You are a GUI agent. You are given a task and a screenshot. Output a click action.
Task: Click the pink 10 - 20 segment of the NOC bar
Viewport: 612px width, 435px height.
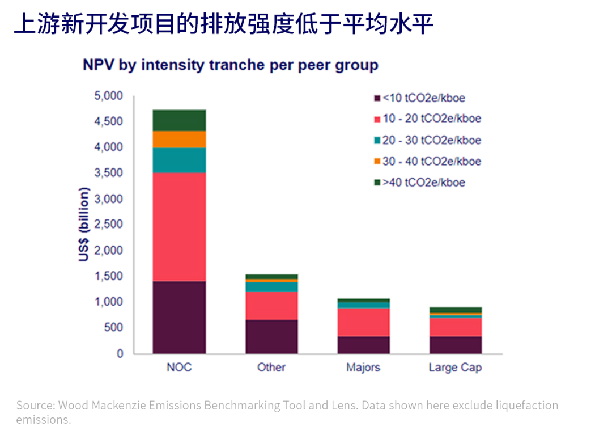click(179, 227)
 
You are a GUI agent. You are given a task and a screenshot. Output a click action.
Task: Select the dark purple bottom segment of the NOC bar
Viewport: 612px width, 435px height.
click(179, 318)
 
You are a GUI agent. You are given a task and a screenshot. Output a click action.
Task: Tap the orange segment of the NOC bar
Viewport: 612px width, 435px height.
click(179, 140)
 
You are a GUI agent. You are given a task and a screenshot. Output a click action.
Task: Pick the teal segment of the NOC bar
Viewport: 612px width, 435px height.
click(179, 160)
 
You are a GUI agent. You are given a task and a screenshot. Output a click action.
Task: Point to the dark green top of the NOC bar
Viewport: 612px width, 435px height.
click(179, 120)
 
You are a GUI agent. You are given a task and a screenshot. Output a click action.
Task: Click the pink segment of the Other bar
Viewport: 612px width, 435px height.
click(271, 306)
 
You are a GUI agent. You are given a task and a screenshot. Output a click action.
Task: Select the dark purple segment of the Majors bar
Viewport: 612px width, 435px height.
click(363, 345)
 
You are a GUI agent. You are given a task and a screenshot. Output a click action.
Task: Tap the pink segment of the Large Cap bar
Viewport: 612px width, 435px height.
click(455, 327)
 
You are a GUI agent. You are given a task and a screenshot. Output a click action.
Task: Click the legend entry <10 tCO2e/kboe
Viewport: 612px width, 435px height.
click(424, 98)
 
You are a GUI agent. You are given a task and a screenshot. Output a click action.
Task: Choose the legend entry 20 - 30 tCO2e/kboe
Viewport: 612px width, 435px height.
click(431, 140)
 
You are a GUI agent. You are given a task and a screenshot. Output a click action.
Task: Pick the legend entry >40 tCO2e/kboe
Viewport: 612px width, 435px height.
click(424, 182)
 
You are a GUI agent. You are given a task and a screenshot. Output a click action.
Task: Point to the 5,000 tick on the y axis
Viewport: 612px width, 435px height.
click(108, 96)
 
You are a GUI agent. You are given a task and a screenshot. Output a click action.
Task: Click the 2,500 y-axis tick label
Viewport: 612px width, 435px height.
click(108, 225)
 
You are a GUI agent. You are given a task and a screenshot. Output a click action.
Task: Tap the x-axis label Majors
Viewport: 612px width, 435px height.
click(363, 367)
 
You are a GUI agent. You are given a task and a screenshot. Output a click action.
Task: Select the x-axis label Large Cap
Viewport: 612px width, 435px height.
click(455, 368)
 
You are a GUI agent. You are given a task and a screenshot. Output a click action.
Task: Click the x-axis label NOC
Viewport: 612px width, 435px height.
click(179, 367)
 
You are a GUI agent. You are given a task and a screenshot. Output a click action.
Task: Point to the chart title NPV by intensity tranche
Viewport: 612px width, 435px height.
click(230, 65)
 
